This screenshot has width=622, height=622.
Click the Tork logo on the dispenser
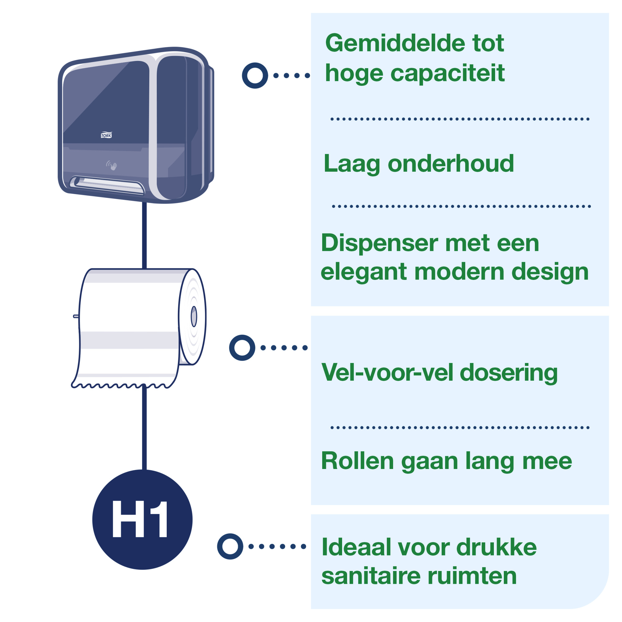tap(106, 135)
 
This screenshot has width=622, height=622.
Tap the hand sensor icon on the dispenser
tap(112, 166)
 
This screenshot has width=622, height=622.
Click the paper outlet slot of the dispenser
tap(108, 186)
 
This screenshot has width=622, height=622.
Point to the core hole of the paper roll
tap(194, 317)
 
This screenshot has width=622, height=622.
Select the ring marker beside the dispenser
tap(255, 75)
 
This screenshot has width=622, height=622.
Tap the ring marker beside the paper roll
tap(242, 348)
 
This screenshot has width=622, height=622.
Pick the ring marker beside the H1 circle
tap(230, 546)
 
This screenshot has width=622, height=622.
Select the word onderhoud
tap(451, 164)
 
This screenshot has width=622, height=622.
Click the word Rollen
tap(357, 461)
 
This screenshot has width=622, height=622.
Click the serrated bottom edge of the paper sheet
tap(122, 385)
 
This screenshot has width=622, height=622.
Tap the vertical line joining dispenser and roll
tap(144, 235)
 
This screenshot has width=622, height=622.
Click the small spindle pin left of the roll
tap(76, 317)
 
